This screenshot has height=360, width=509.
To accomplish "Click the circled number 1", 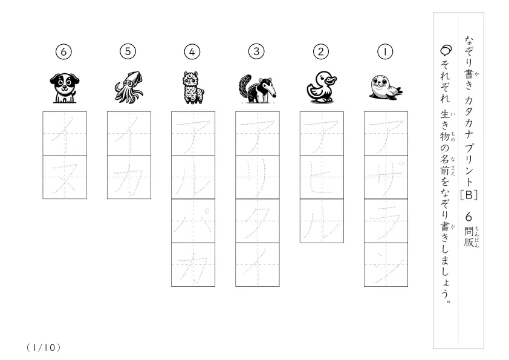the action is pos(385,51).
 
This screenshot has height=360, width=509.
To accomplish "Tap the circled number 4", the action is pos(192,51).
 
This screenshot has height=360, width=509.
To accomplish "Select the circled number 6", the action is pos(63,51).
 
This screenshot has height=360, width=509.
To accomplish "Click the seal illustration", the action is pos(386,87).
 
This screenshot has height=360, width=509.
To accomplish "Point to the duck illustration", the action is pos(322,87).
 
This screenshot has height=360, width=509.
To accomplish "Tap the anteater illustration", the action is pos(258,89).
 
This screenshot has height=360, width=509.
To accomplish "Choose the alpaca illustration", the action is pos(193,88).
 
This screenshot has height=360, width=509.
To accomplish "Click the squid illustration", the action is pos(129,87).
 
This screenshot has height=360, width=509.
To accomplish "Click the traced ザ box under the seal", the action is pos(386,177).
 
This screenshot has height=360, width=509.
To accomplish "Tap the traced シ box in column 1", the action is pos(386,265).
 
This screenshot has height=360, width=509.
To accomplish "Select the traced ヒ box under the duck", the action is pos(322,177).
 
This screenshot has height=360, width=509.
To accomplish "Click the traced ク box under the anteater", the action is pos(258,221).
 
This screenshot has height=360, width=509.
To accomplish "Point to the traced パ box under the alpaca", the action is pos(193,221).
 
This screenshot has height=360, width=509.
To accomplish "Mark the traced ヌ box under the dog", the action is pos(65,177).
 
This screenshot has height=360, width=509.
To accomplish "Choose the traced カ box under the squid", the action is pos(129,177).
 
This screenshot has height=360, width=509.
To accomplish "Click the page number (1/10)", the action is pos(44,348).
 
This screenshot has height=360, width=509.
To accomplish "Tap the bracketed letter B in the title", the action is pos(468,195).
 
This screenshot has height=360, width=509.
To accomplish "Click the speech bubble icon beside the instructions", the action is pos(446,50).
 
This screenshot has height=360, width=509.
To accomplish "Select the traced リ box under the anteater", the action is pos(258,177).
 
